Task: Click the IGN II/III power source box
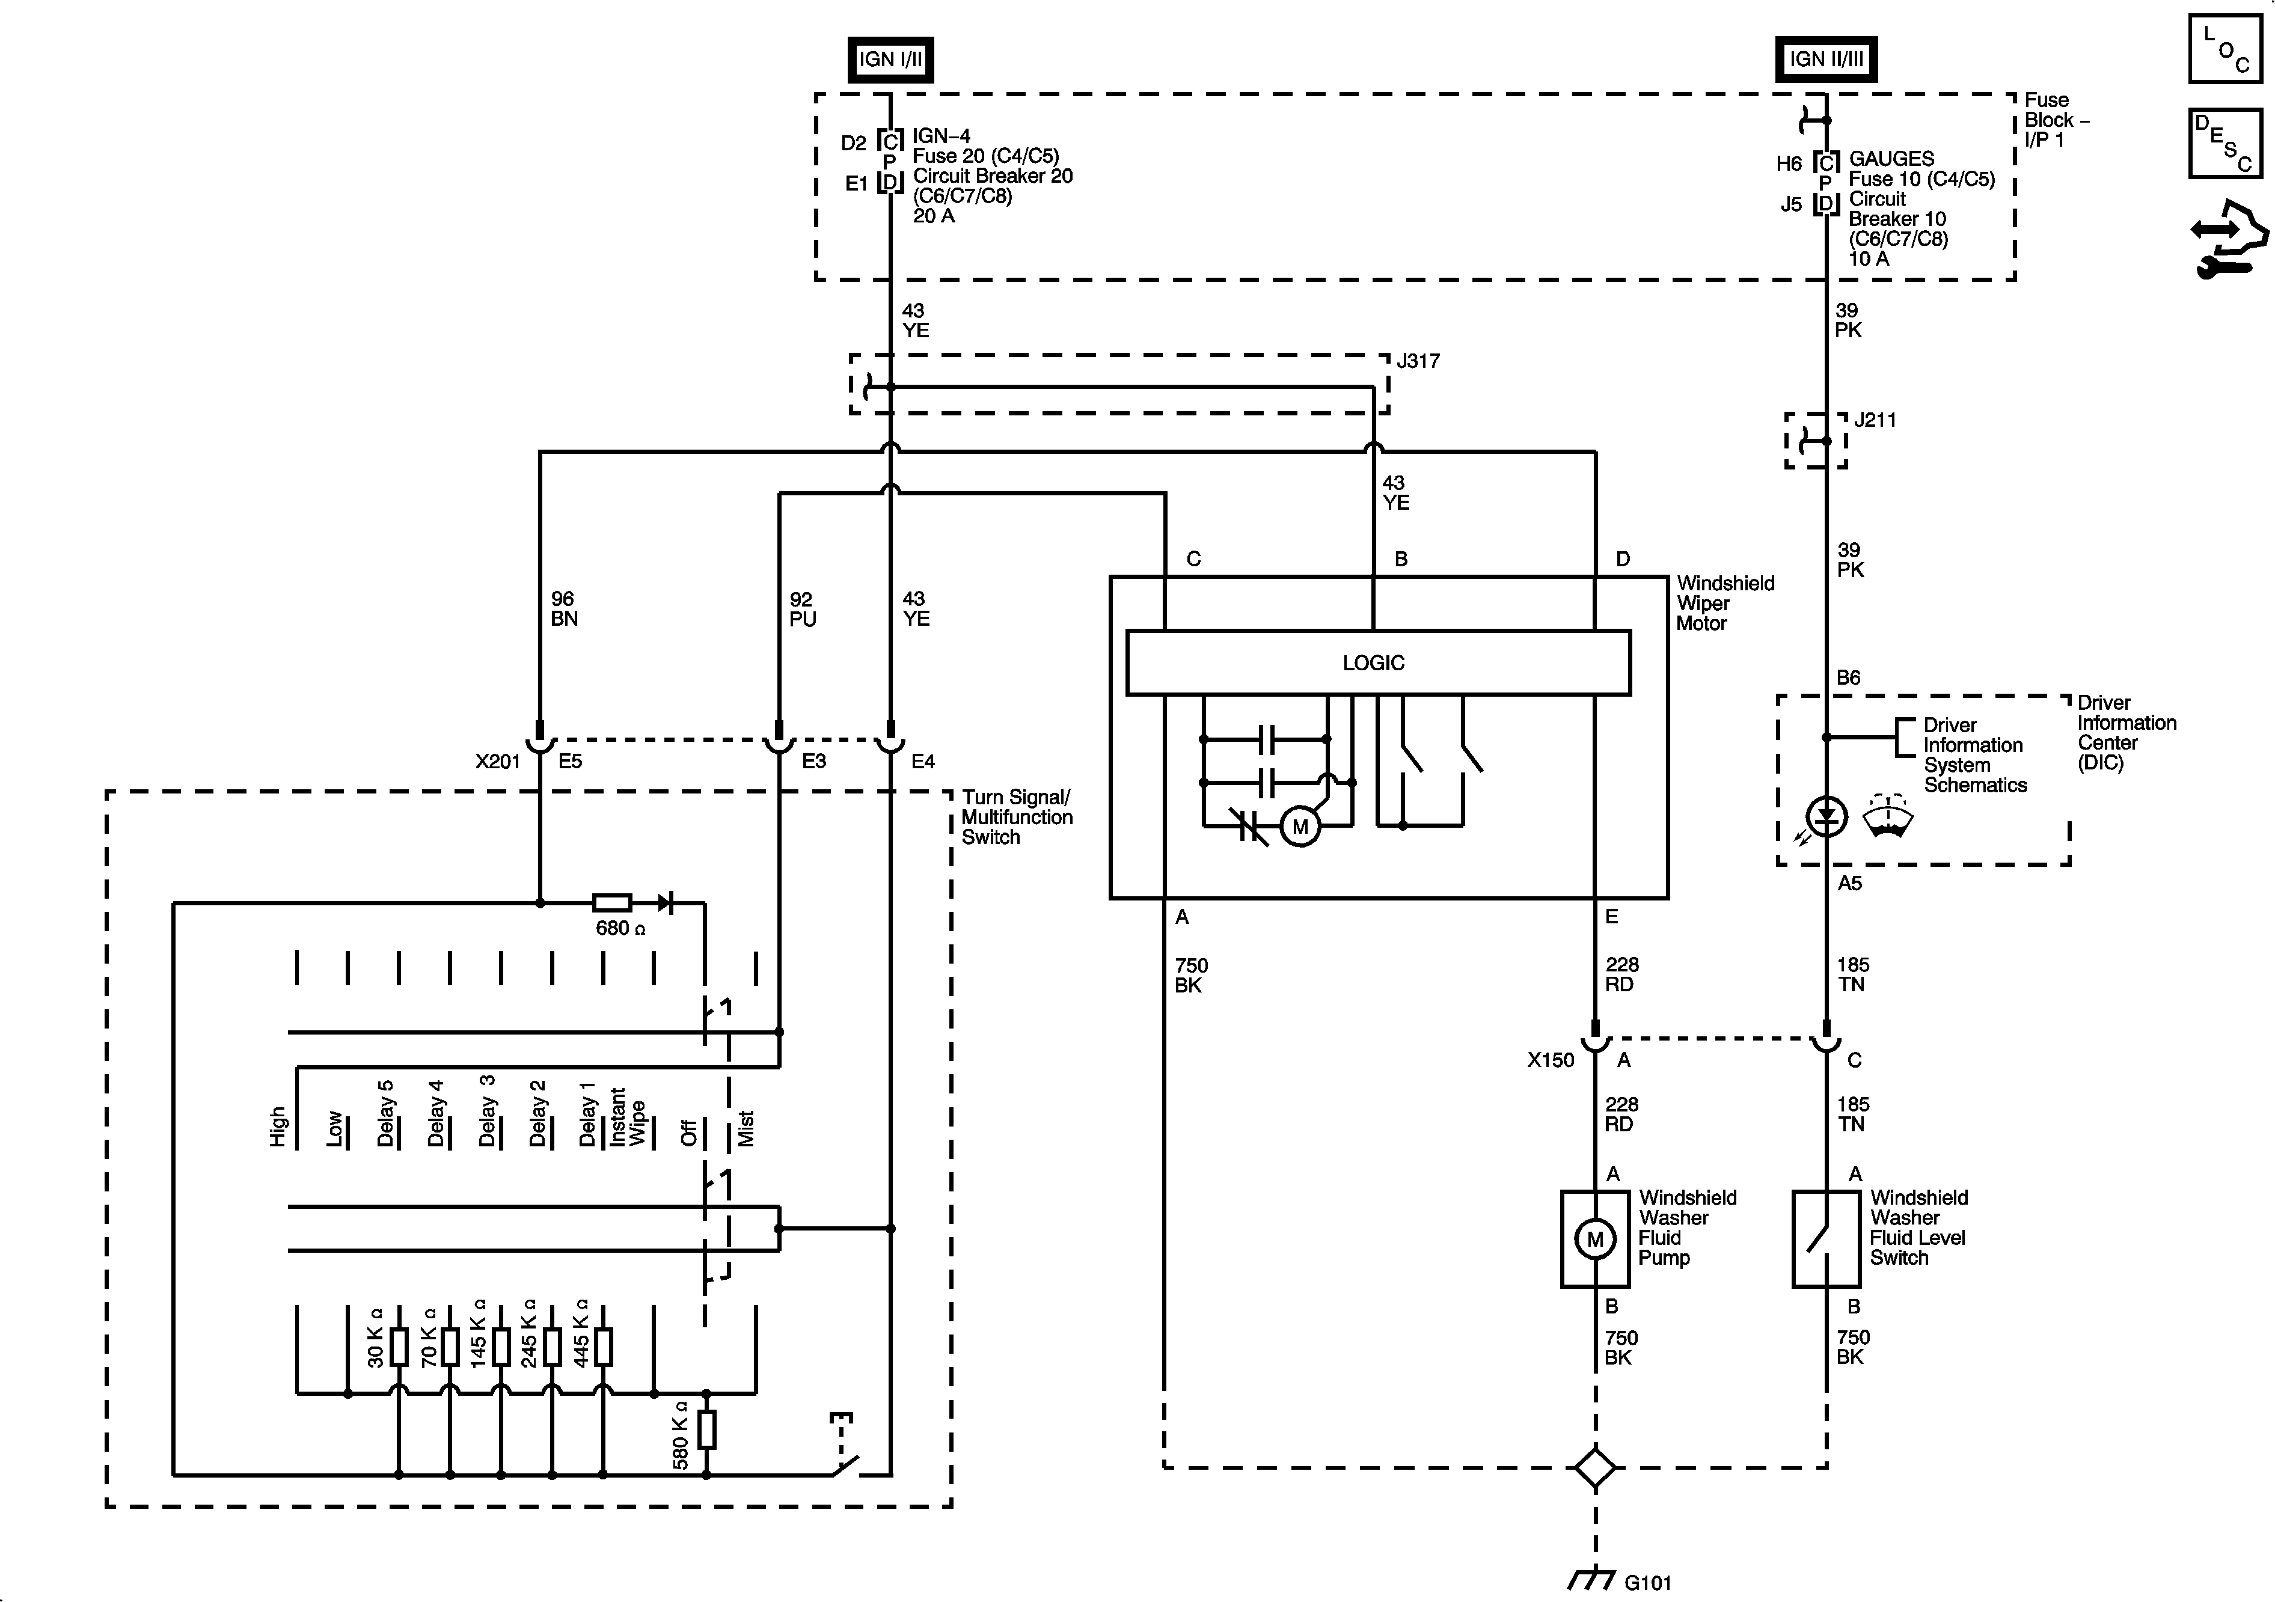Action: click(x=1825, y=60)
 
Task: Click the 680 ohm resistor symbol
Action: click(x=611, y=902)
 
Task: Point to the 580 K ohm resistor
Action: click(x=706, y=1429)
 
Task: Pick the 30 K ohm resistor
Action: click(x=399, y=1347)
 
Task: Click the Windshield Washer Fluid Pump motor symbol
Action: click(x=1594, y=1238)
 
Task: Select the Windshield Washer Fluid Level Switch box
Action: click(x=1825, y=1238)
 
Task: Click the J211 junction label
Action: click(x=1875, y=420)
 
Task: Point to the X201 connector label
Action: click(x=497, y=762)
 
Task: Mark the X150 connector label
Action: click(x=1551, y=1060)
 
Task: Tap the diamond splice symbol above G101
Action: click(x=1594, y=1467)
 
